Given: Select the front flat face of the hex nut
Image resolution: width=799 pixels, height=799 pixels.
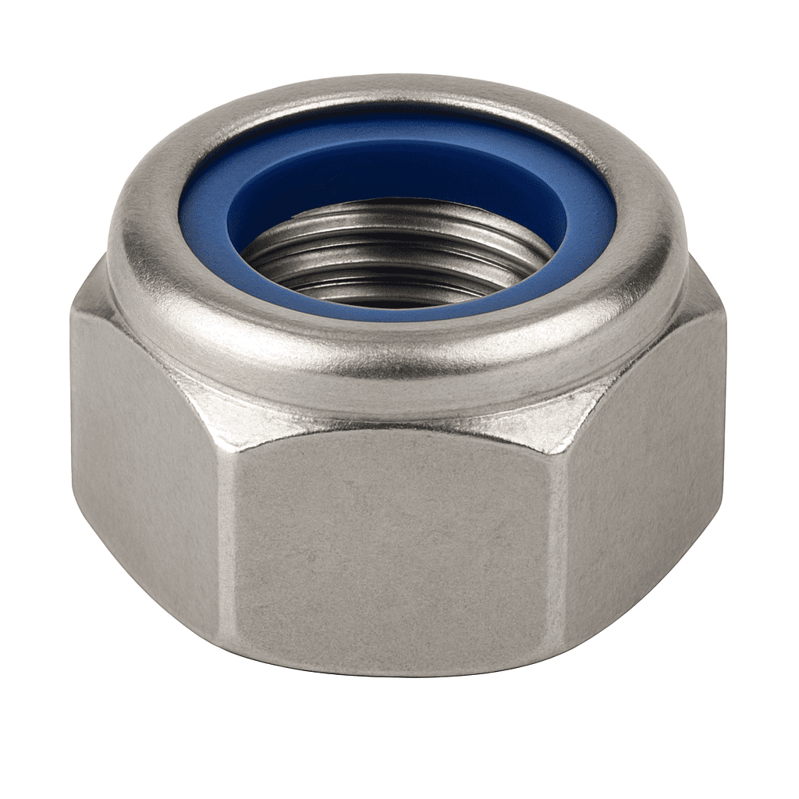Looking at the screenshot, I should (390, 546).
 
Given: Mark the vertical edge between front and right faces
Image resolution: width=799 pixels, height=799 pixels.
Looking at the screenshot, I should (555, 546).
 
